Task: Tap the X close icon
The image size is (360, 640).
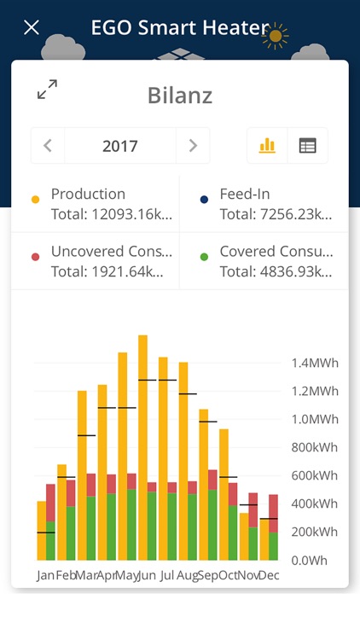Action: pos(32,27)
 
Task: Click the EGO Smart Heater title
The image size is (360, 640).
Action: pos(179,27)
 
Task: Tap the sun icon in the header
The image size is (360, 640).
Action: pos(276,36)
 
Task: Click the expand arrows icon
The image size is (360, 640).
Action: pos(47,89)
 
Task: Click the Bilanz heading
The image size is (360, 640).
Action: pos(180,95)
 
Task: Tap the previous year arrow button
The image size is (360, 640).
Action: pos(48,146)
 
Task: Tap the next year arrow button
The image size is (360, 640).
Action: pos(193,146)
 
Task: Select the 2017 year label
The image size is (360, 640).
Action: pos(120,146)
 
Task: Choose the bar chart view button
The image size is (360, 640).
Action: pos(267,146)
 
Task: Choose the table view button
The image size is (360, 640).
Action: pos(307,146)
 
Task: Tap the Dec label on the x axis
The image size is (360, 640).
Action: pos(268,576)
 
